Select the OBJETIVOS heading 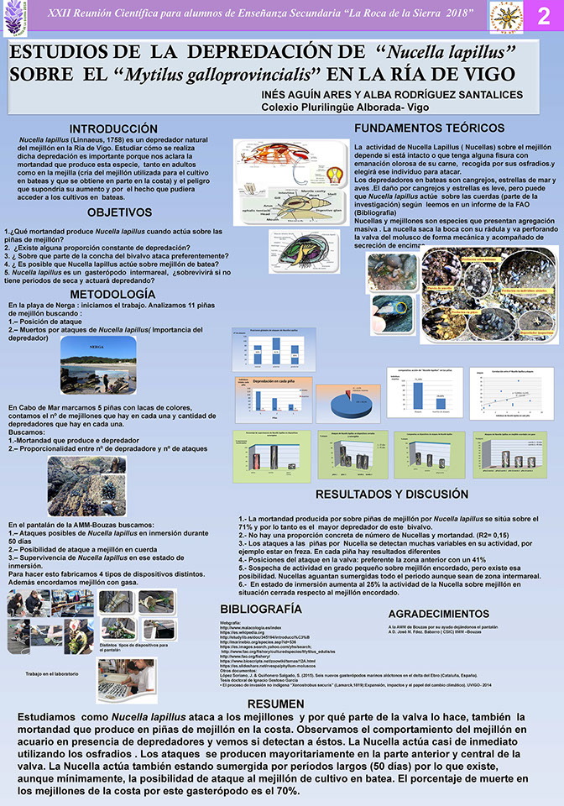119,212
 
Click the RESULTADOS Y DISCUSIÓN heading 391,494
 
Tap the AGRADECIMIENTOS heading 440,614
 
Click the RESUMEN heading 282,702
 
